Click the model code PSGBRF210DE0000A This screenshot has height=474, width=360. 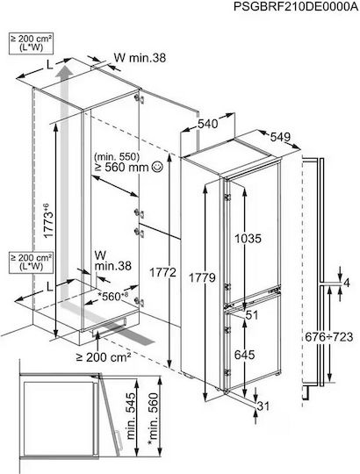pyautogui.click(x=296, y=7)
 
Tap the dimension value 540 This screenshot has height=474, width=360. pyautogui.click(x=207, y=124)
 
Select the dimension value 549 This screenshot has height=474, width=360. pyautogui.click(x=280, y=137)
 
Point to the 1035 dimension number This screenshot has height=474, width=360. pyautogui.click(x=248, y=239)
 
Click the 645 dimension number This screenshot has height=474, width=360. pyautogui.click(x=245, y=355)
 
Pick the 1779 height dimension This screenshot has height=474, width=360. pyautogui.click(x=202, y=277)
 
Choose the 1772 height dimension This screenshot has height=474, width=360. pyautogui.click(x=163, y=273)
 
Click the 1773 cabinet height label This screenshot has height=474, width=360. pyautogui.click(x=48, y=220)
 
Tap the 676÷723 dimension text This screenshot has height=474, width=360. pyautogui.click(x=329, y=337)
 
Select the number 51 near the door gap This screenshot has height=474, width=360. pyautogui.click(x=252, y=315)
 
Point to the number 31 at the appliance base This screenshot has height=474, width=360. pyautogui.click(x=263, y=406)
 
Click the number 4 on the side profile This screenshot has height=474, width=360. pyautogui.click(x=347, y=283)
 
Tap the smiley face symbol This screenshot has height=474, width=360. pyautogui.click(x=157, y=166)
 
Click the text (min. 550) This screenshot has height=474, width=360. pyautogui.click(x=117, y=156)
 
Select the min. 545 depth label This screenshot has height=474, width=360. pyautogui.click(x=131, y=416)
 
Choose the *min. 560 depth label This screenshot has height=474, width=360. pyautogui.click(x=154, y=419)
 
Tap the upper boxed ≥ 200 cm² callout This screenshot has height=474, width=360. pyautogui.click(x=31, y=43)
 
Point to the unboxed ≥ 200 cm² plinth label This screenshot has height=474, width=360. pyautogui.click(x=104, y=357)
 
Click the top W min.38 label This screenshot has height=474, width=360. pyautogui.click(x=140, y=57)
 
